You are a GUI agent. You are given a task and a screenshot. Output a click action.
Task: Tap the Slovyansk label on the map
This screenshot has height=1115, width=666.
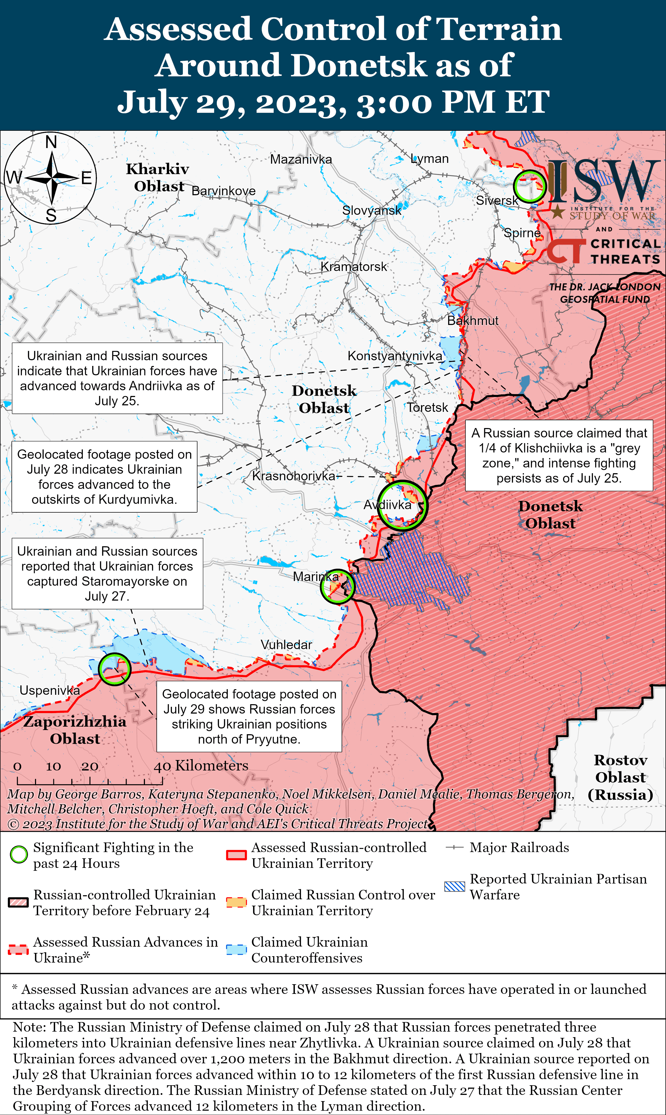tap(372, 210)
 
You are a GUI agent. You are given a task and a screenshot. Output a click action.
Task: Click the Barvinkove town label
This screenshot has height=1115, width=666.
tap(224, 191)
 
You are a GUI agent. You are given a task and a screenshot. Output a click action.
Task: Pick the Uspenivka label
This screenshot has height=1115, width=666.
tap(49, 690)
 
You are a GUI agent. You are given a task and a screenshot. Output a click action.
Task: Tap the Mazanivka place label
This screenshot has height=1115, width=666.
tap(301, 159)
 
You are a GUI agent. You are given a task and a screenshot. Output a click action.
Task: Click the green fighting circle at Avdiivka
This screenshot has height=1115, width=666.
tap(402, 506)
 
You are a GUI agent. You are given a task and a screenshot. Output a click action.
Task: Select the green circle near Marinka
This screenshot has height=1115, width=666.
tap(337, 586)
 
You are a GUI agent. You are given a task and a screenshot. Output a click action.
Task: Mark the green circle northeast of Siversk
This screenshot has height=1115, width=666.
tap(530, 186)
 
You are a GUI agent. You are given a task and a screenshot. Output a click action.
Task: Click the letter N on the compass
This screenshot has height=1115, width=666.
tap(51, 142)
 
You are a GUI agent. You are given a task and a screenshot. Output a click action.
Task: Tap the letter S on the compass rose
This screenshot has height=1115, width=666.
tap(51, 216)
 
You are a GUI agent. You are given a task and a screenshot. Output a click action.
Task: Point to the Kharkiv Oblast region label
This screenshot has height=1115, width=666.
tap(158, 177)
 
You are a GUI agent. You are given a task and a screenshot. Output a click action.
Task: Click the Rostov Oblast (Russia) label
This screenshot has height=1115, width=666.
tap(620, 777)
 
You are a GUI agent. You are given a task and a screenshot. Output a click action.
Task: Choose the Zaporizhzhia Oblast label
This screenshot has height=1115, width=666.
tap(75, 730)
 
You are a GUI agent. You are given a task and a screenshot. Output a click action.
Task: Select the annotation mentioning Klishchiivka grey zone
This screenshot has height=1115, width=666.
tap(559, 455)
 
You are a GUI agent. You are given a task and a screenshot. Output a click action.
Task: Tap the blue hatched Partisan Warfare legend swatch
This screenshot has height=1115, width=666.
tap(454, 887)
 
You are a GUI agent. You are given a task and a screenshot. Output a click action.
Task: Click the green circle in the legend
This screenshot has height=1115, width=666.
tap(19, 855)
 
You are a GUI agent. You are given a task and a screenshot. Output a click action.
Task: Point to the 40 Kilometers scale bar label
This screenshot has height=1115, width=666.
tap(201, 766)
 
